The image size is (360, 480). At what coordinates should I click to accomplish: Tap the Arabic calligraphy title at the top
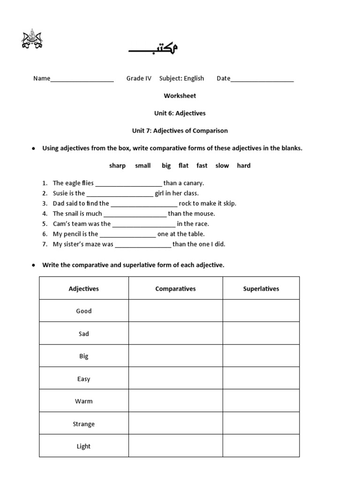153,49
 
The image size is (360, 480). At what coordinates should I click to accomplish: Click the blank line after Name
82,79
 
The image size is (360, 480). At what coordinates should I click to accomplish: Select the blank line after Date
262,79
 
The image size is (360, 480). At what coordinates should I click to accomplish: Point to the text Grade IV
139,78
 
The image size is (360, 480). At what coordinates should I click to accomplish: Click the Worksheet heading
180,96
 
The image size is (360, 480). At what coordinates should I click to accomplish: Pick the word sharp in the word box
117,165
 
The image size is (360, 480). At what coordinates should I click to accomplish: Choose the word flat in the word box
183,165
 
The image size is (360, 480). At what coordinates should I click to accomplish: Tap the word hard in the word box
244,165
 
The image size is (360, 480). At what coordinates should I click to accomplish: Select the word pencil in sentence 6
77,234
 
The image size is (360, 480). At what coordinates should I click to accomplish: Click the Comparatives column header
175,289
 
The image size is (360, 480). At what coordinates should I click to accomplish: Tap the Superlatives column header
261,289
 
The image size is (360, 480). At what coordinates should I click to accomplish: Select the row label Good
84,311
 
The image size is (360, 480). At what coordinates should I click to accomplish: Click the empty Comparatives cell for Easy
175,379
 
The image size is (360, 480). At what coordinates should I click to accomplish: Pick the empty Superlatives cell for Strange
261,424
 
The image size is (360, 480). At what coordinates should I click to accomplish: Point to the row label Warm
84,401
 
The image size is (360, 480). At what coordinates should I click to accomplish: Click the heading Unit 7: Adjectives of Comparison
180,131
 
